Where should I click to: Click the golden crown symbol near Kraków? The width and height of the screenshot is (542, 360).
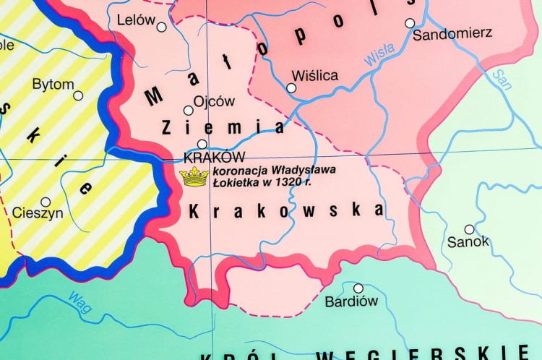coord(194,176)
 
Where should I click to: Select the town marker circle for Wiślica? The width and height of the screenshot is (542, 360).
coord(291,88)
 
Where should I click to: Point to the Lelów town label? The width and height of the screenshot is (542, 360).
coord(136,20)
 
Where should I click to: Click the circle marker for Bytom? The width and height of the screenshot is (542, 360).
coord(78,95)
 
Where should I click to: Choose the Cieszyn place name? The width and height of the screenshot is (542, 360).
coord(38,213)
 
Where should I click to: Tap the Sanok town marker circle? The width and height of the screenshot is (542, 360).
coord(470,229)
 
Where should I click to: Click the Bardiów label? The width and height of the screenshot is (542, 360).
coord(351,301)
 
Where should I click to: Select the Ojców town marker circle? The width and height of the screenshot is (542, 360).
coord(189,111)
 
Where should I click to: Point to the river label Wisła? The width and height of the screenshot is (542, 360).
coord(379,55)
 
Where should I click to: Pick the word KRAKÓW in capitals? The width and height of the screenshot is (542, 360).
coord(215,157)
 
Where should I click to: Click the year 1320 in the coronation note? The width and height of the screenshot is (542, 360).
coord(263,183)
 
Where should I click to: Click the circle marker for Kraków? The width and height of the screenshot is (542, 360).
coord(202,144)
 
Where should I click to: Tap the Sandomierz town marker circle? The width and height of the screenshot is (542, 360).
coord(410,23)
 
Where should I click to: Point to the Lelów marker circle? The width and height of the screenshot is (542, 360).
coord(161,27)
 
